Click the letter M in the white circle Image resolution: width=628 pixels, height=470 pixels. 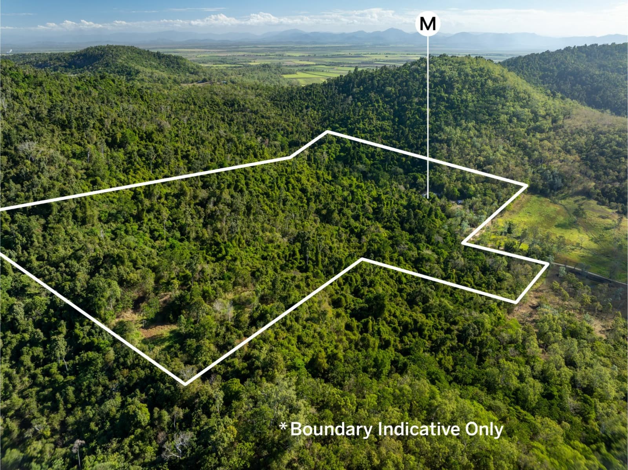coord(427,24)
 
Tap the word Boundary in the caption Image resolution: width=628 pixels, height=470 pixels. coord(331,430)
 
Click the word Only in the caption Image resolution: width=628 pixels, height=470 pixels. coord(484,430)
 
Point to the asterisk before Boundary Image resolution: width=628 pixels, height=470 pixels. coord(283,426)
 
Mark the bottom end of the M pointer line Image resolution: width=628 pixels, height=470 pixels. coord(428,198)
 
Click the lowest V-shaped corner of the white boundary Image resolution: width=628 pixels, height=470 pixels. coord(185,384)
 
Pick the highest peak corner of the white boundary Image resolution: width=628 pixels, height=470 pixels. coord(328,132)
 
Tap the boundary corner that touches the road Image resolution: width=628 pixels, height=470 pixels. coord(548,263)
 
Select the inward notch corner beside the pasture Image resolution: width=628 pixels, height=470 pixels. coord(463,243)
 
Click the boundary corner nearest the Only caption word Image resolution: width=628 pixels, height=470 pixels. coord(516,302)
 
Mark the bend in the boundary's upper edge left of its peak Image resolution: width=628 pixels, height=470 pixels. coord(291,157)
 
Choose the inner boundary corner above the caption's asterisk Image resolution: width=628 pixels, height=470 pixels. coord(362,259)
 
